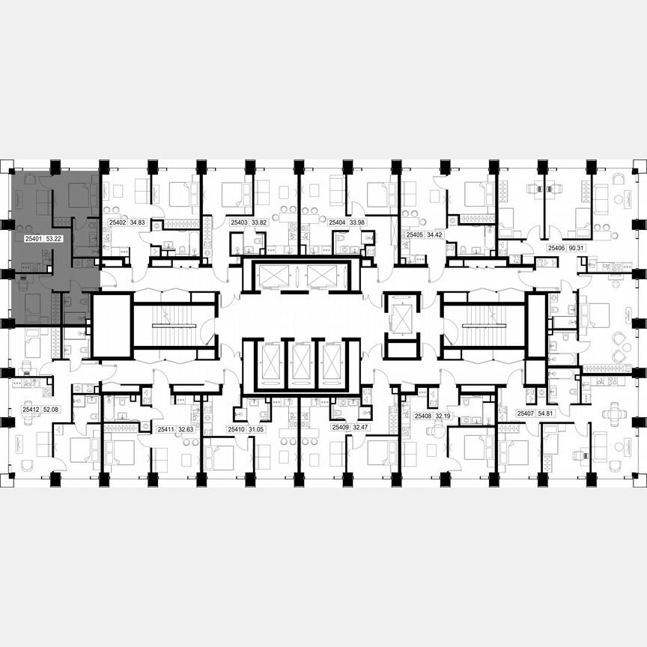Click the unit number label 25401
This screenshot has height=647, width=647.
click(x=33, y=239)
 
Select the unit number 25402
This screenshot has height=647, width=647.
click(x=118, y=222)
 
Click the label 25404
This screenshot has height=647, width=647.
click(x=336, y=222)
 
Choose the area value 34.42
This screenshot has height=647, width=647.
click(x=435, y=234)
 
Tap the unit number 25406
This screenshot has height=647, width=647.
click(x=556, y=247)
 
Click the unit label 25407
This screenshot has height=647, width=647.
click(x=525, y=413)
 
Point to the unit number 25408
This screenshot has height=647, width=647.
click(x=422, y=415)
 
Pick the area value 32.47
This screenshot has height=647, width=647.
click(x=361, y=427)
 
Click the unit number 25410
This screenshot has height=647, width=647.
click(x=236, y=429)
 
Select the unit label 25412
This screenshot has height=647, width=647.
click(x=31, y=410)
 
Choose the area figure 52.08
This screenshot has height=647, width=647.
click(x=52, y=410)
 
